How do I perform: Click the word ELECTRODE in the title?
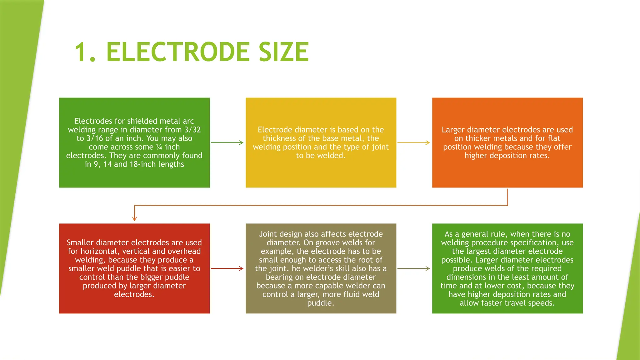(178, 52)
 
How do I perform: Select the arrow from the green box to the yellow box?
(227, 142)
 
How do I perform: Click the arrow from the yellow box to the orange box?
(414, 142)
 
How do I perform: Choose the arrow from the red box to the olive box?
(227, 268)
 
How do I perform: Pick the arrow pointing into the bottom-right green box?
(414, 268)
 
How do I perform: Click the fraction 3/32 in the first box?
(192, 130)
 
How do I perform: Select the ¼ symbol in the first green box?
(159, 147)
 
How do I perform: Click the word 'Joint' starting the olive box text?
(268, 234)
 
